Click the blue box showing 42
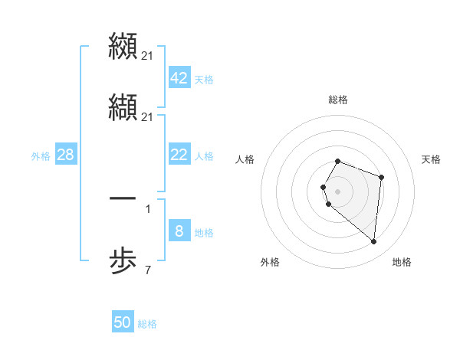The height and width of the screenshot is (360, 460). click(x=179, y=79)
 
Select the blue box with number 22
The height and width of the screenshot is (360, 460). click(x=179, y=155)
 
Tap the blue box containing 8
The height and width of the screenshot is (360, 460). click(x=179, y=231)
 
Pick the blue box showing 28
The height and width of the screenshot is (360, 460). click(x=65, y=155)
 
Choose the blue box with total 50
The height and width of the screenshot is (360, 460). click(x=123, y=322)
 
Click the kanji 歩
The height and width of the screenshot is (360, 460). click(x=123, y=263)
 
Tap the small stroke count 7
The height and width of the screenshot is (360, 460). click(x=148, y=270)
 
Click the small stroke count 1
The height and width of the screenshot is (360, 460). click(x=148, y=208)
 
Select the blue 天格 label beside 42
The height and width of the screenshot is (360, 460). click(x=204, y=80)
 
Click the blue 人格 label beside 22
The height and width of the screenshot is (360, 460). click(x=204, y=156)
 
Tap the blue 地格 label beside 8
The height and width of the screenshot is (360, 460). click(x=204, y=233)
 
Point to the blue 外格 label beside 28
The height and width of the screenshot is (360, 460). click(x=41, y=156)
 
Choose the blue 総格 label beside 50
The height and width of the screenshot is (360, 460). click(x=147, y=324)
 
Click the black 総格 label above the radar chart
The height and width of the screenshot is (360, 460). click(x=338, y=100)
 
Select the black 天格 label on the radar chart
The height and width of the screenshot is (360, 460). click(x=432, y=159)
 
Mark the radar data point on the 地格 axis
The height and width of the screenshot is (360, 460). click(x=374, y=242)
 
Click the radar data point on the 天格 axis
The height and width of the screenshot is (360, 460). click(x=381, y=178)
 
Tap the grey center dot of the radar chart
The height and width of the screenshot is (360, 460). click(x=337, y=191)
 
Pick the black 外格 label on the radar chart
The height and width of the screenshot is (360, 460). click(x=270, y=262)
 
